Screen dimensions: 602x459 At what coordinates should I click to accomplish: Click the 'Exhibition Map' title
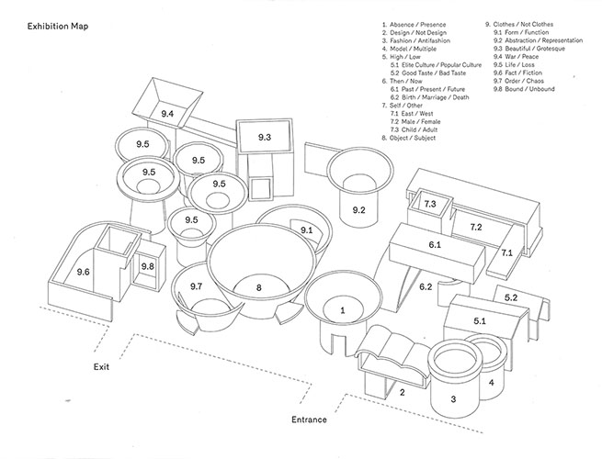click(58, 26)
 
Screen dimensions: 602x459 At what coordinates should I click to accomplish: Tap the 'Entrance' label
click(309, 420)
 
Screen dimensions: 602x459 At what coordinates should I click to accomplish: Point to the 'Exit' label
click(101, 366)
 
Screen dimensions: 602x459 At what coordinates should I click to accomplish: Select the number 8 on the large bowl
click(259, 287)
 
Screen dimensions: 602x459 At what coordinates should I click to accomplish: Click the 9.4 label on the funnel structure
click(167, 114)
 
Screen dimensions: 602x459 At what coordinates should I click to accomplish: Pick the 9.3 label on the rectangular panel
click(265, 137)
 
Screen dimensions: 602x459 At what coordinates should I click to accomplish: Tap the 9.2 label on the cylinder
click(358, 209)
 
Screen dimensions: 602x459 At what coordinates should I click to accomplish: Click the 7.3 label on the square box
click(430, 204)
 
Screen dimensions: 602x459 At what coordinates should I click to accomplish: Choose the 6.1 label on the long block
click(435, 244)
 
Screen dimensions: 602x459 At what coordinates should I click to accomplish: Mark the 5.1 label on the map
click(480, 320)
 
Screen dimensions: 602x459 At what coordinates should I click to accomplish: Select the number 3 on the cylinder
click(453, 399)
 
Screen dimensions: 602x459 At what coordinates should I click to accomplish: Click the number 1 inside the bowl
click(343, 310)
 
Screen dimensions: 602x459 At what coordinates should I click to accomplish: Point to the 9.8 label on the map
click(147, 266)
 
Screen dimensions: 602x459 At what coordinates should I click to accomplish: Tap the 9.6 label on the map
click(83, 272)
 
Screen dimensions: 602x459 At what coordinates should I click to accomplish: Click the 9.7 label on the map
click(196, 286)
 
